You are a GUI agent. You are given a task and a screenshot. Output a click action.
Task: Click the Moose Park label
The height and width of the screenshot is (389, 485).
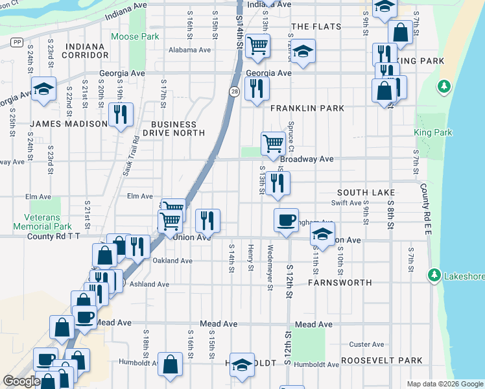click(135, 37)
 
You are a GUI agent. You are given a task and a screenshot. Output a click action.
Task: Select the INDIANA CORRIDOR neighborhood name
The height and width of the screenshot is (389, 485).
click(84, 51)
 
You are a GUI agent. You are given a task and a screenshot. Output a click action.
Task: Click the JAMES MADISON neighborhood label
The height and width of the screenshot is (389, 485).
click(68, 124)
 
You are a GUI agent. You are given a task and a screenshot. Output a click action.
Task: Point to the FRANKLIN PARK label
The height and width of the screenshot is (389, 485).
click(307, 108)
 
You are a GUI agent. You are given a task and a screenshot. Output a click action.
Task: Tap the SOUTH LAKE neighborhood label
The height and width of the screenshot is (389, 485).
click(366, 193)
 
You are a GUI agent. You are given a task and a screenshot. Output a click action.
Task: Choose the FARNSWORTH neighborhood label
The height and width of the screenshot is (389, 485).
click(340, 283)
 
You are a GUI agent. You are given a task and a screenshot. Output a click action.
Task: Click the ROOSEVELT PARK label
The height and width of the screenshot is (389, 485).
click(381, 360)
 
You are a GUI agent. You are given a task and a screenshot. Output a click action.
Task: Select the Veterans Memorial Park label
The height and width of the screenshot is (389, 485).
click(43, 222)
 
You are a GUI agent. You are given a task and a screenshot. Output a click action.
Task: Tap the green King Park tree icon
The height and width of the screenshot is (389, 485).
click(444, 86)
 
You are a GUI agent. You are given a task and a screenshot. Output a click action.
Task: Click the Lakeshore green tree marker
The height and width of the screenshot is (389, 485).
click(433, 276)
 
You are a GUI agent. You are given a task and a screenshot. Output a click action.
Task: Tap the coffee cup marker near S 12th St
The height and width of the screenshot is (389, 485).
click(286, 220)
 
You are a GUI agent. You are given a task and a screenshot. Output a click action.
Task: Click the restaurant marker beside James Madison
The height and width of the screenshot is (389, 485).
click(121, 115)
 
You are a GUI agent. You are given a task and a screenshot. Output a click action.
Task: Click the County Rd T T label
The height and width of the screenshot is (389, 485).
click(53, 237)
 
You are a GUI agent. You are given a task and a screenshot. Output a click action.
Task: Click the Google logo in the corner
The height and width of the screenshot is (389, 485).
click(21, 381)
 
